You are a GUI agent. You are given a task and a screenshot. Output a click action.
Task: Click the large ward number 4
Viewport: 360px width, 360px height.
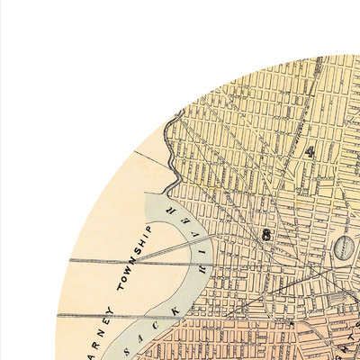pos(310,151)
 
